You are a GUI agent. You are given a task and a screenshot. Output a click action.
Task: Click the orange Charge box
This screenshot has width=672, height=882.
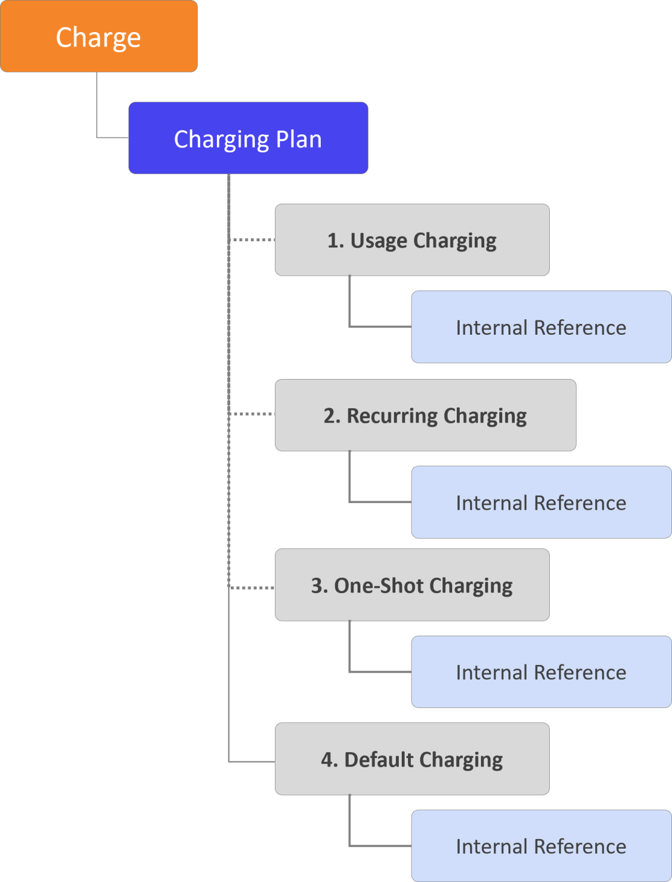click(99, 36)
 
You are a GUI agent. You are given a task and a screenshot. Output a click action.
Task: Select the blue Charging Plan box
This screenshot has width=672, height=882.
click(248, 138)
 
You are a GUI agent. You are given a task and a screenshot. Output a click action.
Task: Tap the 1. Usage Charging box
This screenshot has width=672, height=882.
click(412, 240)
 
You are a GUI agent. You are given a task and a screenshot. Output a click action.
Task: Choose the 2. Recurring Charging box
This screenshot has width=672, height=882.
click(425, 415)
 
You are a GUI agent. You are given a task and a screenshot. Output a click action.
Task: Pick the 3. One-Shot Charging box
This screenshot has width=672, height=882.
click(412, 585)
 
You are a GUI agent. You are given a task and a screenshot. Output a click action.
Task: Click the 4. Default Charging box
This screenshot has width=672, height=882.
click(412, 759)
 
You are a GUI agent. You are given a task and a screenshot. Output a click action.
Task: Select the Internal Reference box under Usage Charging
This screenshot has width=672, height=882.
click(541, 327)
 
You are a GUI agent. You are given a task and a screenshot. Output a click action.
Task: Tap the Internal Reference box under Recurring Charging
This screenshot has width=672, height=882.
click(541, 502)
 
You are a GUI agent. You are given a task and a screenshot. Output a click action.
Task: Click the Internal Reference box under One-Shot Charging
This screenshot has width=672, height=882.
click(541, 672)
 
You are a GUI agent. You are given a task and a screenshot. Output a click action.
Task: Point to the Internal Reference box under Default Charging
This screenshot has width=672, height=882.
click(541, 846)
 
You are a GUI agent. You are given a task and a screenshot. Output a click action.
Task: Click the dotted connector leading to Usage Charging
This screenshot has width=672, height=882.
click(253, 240)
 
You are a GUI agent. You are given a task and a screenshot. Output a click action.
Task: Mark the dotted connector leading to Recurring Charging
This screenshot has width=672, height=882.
click(253, 414)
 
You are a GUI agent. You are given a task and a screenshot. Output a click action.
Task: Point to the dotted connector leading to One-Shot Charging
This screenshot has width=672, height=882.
click(253, 588)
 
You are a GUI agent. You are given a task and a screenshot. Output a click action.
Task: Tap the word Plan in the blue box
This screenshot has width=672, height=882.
click(298, 139)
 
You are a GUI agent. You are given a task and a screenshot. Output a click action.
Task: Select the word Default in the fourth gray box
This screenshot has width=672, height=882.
click(379, 759)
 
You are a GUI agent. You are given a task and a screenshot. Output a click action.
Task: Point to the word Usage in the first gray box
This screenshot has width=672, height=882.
click(379, 240)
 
